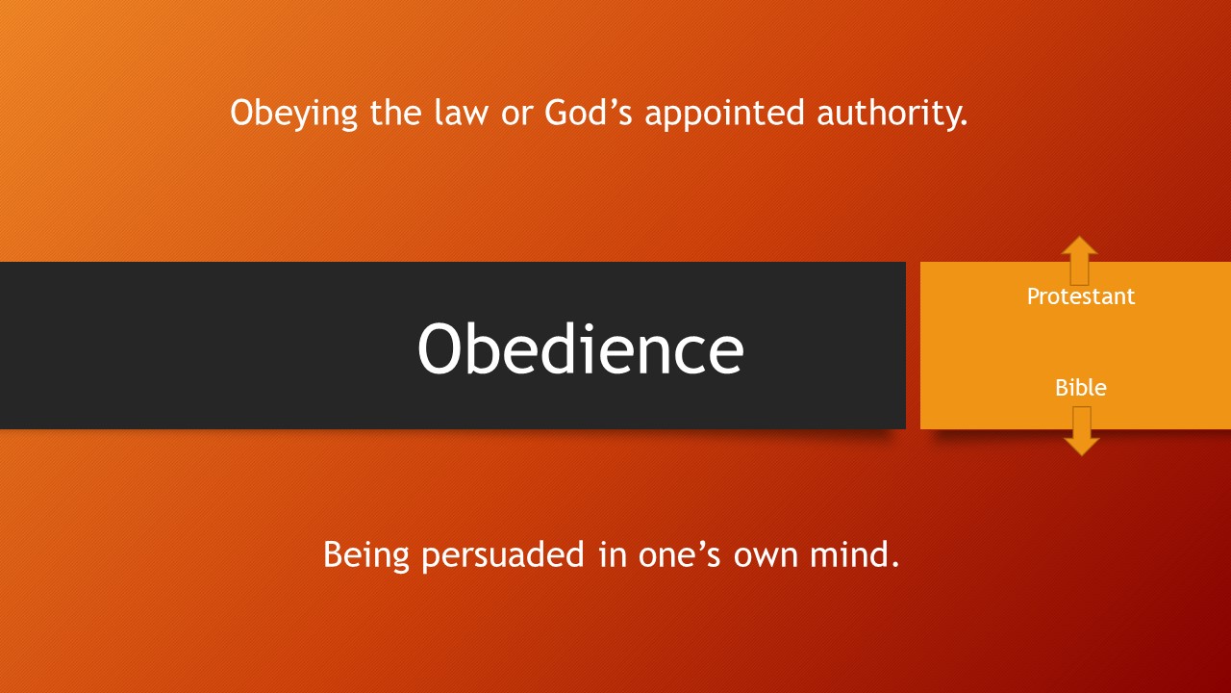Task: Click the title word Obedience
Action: (580, 348)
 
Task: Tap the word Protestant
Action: (1080, 296)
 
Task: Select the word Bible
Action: (1080, 388)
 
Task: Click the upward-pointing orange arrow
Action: (1079, 260)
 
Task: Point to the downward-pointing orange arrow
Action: (1082, 431)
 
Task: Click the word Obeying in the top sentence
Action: (293, 114)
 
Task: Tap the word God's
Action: (588, 113)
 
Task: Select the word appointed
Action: (724, 115)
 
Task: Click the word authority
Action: (892, 115)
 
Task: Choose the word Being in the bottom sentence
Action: (366, 555)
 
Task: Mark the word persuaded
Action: (503, 555)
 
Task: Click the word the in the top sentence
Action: (395, 113)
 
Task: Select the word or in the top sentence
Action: (516, 115)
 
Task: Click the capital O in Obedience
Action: (440, 348)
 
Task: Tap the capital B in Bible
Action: (1062, 388)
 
